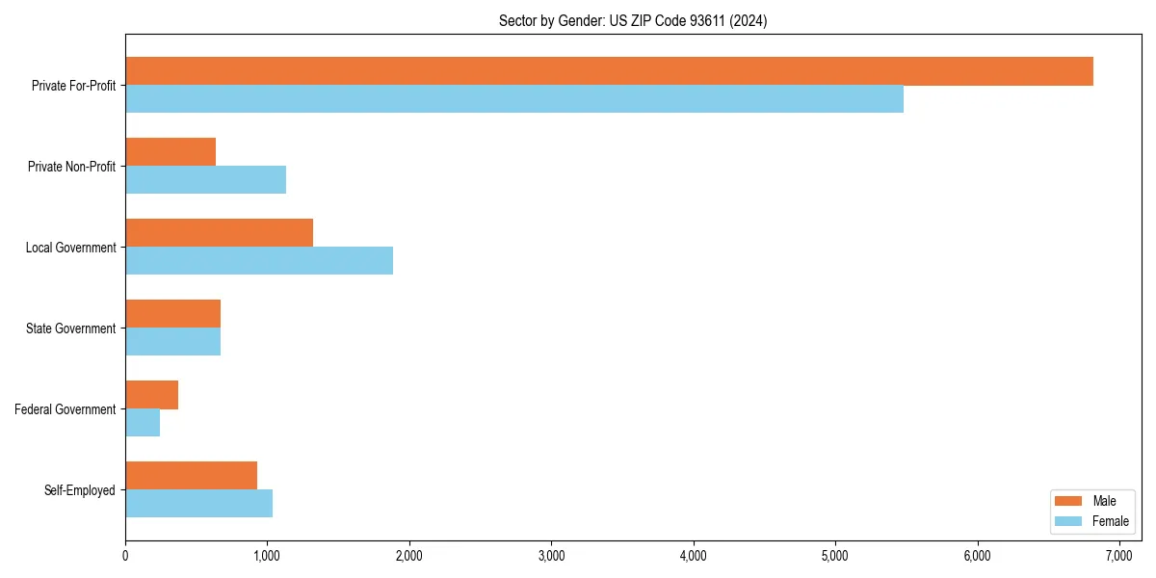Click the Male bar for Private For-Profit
609,71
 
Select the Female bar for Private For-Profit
514,99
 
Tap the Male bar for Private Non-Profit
171,152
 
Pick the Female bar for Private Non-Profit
205,180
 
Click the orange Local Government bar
219,233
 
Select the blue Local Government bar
259,261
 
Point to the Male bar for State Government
172,314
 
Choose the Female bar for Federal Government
143,423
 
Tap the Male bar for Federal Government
151,395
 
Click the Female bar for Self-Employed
198,504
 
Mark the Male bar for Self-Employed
191,476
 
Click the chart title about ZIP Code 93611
633,20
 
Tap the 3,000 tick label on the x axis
551,556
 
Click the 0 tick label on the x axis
125,556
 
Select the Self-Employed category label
80,490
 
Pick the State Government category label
71,328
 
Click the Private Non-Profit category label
72,167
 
